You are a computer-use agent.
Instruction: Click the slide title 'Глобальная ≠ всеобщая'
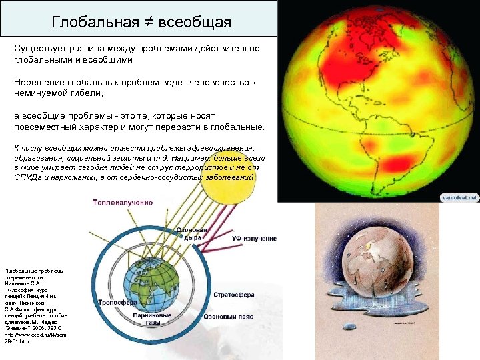coord(141,23)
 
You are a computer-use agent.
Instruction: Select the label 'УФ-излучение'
coord(254,238)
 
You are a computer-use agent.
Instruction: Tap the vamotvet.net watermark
coord(459,197)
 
